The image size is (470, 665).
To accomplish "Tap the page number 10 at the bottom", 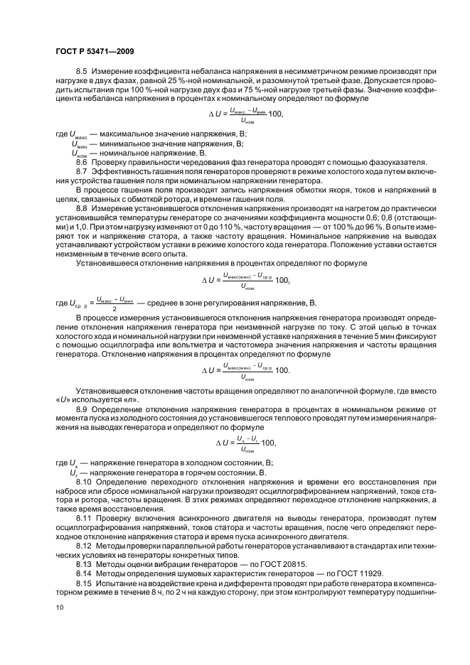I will (60, 607).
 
